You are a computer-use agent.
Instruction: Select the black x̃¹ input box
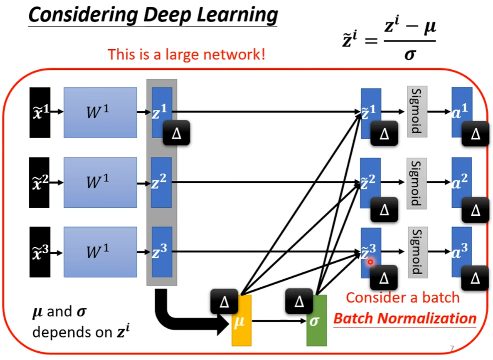40,112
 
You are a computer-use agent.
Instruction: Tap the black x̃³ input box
40,252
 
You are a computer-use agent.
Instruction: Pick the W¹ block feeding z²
100,182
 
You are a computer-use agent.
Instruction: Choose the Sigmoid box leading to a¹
417,112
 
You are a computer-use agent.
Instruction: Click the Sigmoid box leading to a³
417,252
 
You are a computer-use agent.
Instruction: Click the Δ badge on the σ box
299,301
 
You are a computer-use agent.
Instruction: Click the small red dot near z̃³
370,262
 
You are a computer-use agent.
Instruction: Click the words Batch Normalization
405,318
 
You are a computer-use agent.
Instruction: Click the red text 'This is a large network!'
186,55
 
